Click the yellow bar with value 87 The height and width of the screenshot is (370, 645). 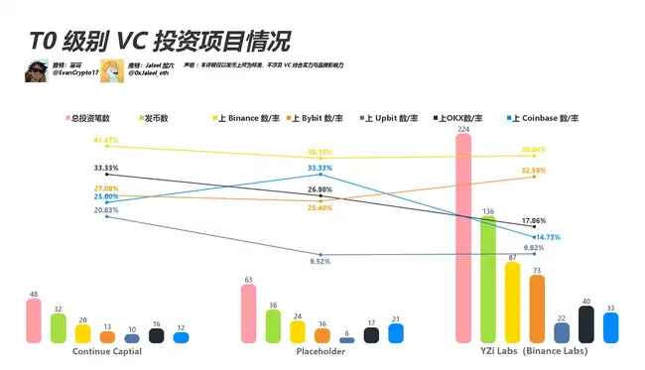(512, 303)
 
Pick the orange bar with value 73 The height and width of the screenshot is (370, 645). (537, 308)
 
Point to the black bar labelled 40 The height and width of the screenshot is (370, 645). (585, 324)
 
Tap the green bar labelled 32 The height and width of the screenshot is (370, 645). (59, 328)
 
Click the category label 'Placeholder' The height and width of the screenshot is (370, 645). (321, 351)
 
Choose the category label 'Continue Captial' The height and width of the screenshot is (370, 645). (107, 351)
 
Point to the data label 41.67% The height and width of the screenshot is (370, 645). (105, 140)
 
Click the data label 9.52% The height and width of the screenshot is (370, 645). (320, 261)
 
